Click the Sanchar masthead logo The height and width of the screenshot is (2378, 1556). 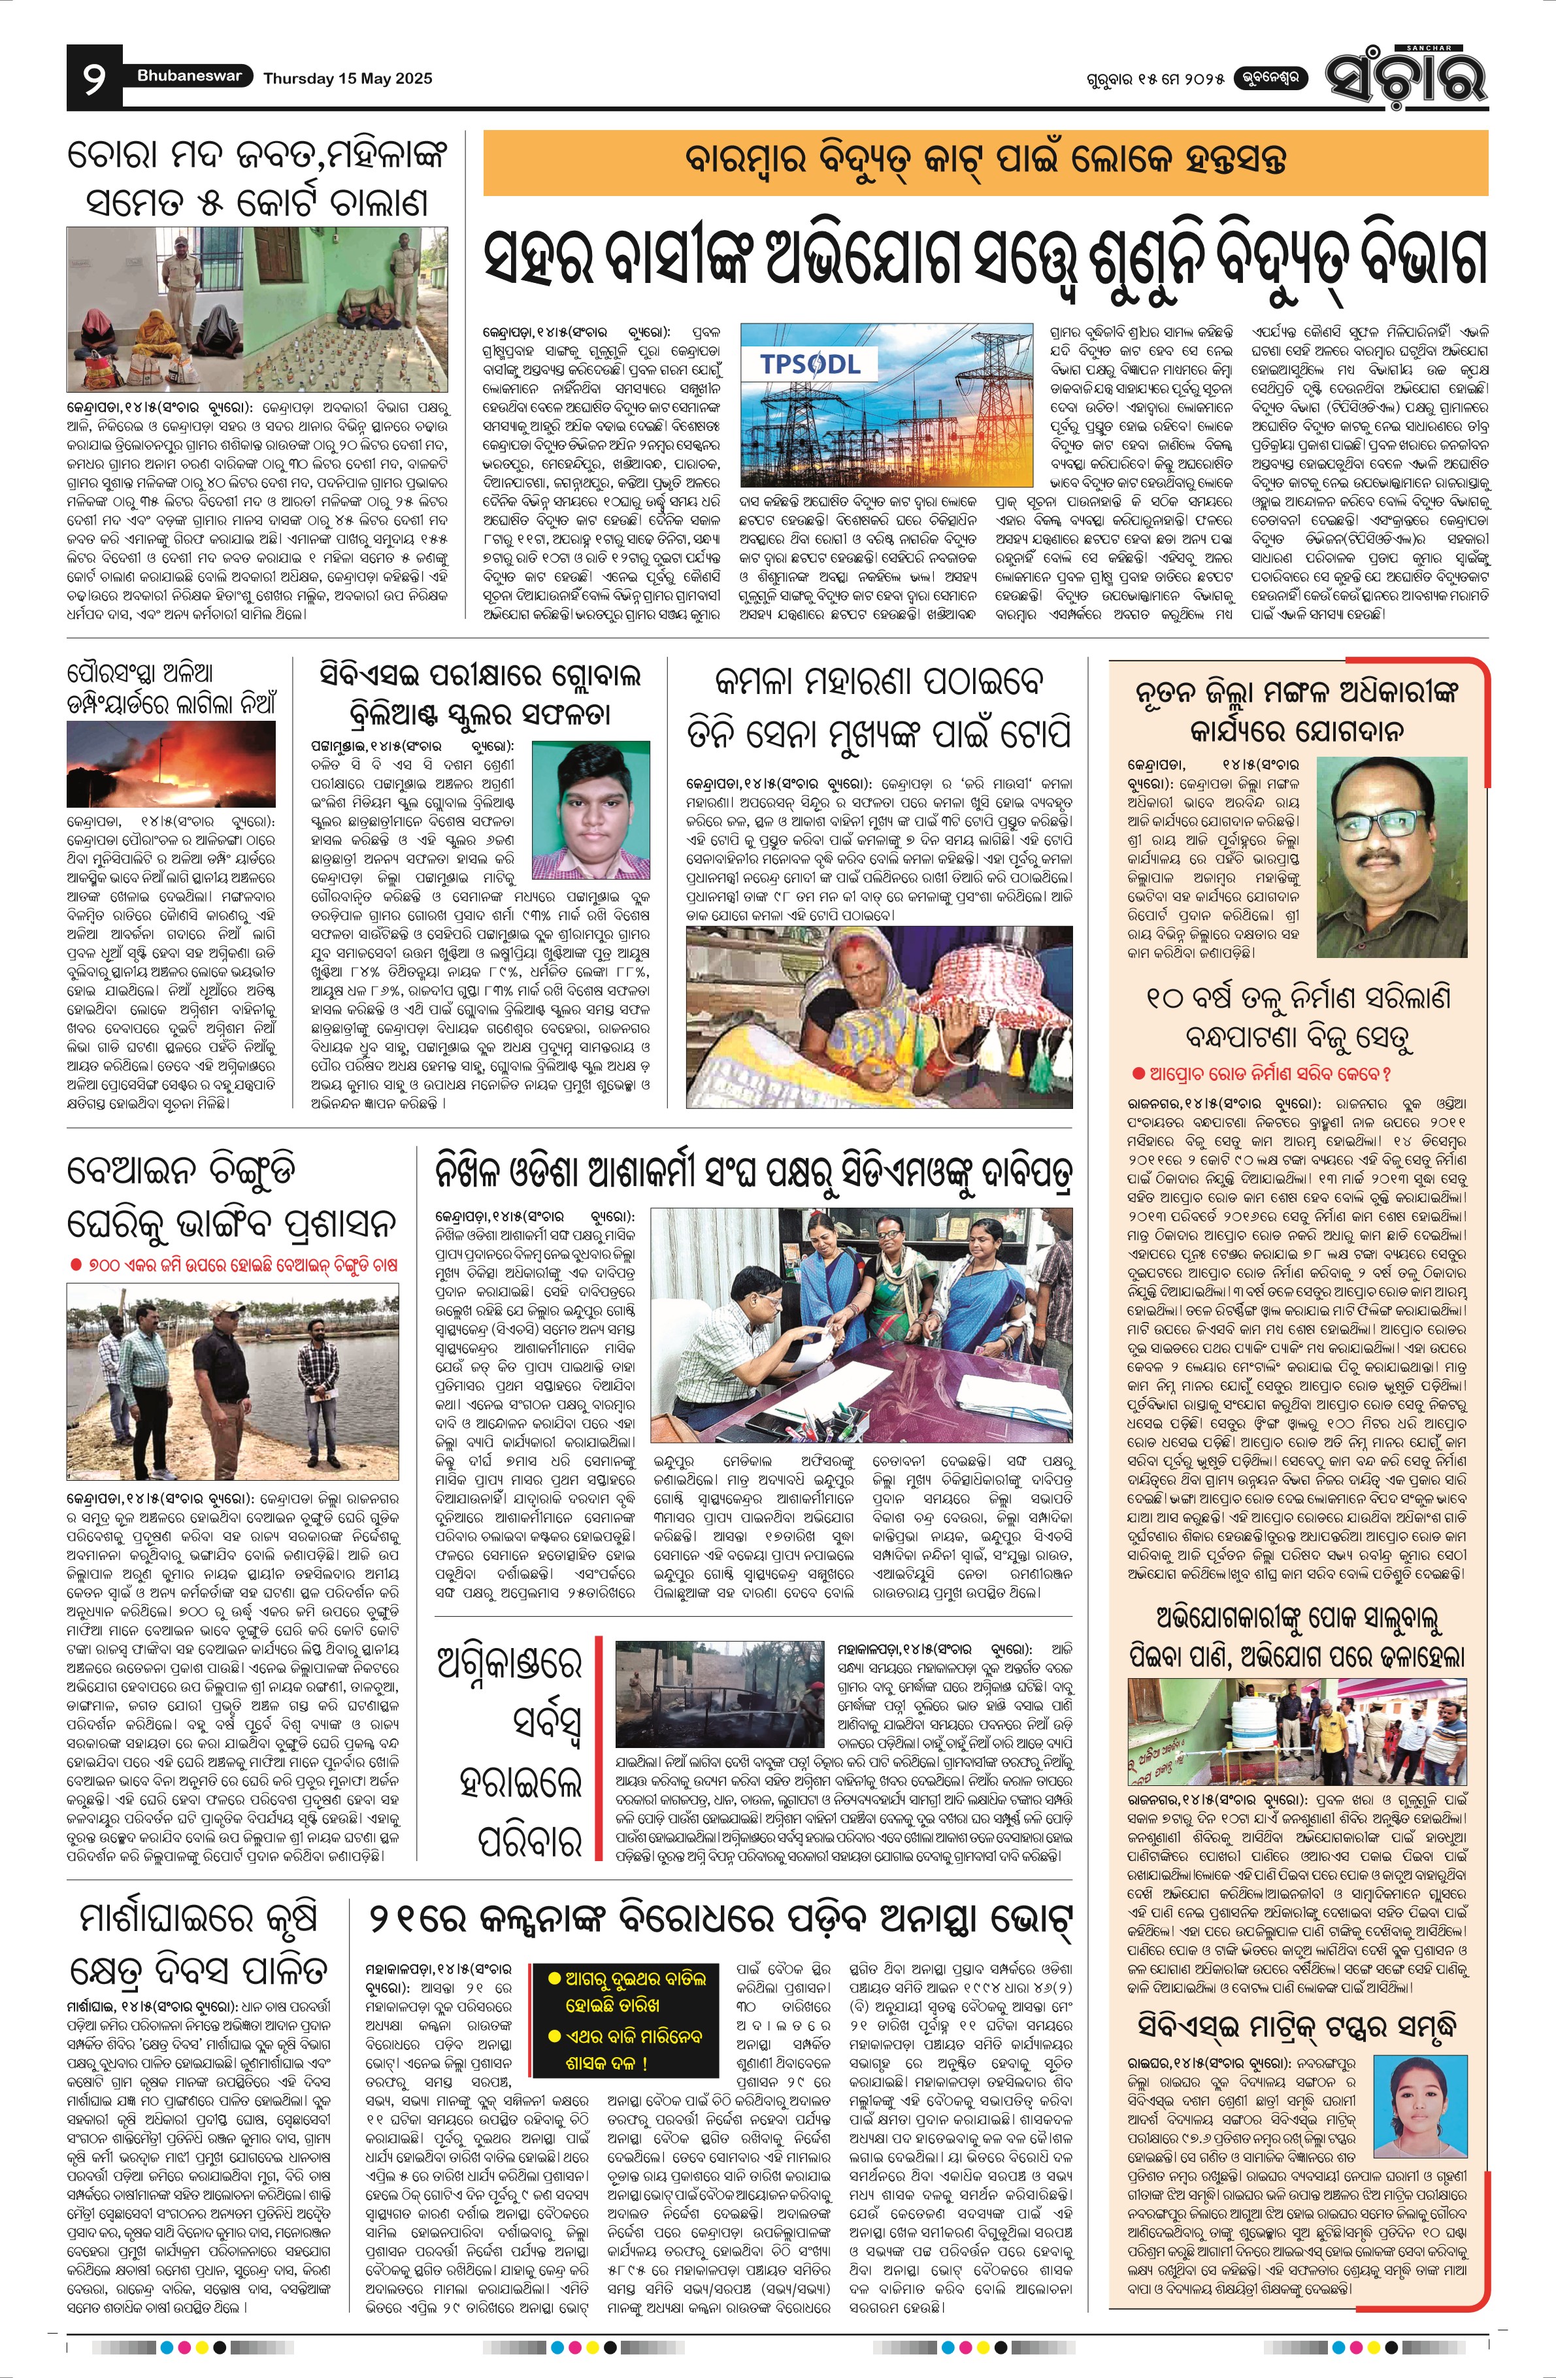(x=1405, y=76)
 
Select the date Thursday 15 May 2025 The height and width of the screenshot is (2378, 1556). (x=348, y=78)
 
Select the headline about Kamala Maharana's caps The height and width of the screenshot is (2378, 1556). (x=880, y=708)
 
